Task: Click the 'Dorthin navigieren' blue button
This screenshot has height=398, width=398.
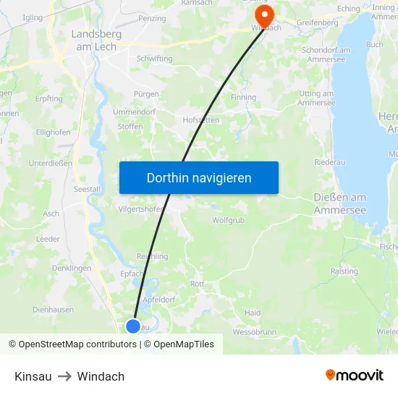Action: point(198,177)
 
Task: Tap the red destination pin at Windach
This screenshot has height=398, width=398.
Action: point(264,16)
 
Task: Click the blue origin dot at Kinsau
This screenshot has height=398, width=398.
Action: point(132,326)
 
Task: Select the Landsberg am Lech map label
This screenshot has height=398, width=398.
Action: point(91,39)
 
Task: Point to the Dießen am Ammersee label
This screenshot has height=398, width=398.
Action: point(339,203)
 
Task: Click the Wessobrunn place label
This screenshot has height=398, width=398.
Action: point(252,333)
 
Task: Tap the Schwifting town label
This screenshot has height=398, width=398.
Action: point(153,59)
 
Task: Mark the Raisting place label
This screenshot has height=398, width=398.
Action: point(344,271)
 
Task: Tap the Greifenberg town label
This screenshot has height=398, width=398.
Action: point(317,22)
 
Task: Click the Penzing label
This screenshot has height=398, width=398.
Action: point(152,18)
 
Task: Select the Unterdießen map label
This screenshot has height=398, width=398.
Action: point(50,164)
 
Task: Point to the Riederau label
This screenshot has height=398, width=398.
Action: point(330,162)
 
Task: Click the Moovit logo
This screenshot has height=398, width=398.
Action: point(354,376)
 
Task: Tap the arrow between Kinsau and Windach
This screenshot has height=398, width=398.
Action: point(64,376)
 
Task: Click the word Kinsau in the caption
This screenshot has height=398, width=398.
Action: point(33,376)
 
